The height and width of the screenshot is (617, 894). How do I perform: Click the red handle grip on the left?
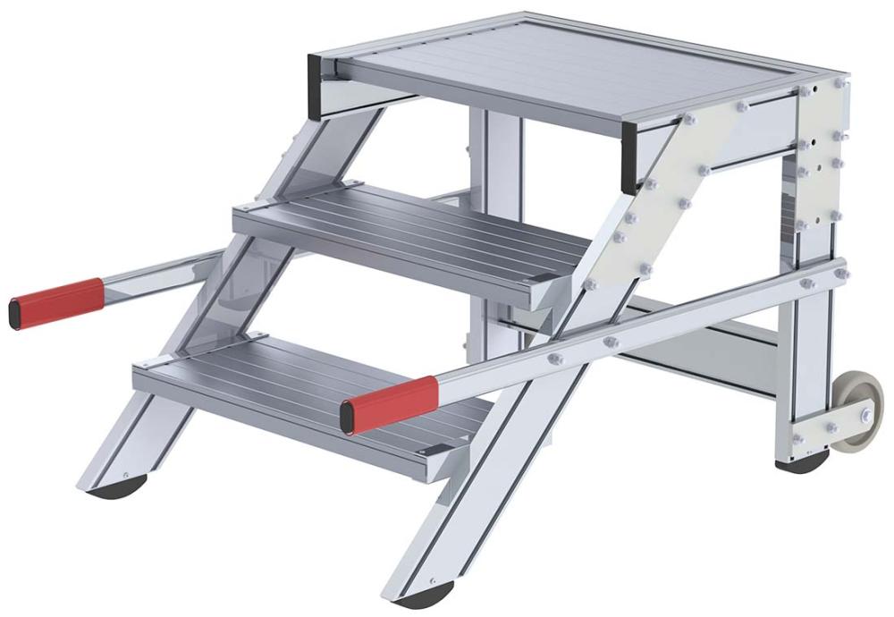click(56, 302)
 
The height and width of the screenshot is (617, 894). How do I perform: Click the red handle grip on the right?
click(391, 404)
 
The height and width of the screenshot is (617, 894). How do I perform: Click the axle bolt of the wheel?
click(865, 415)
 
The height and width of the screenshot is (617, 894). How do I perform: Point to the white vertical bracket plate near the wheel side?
click(819, 152)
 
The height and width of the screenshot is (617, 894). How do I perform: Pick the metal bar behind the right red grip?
click(626, 331)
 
